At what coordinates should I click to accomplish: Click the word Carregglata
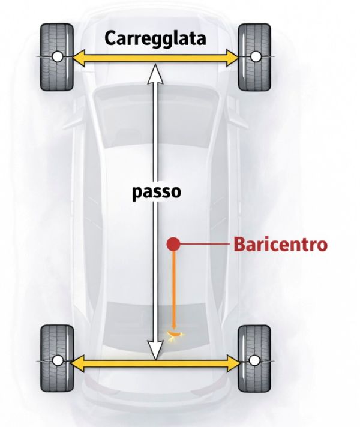[155, 38]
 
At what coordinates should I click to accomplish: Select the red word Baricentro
[280, 245]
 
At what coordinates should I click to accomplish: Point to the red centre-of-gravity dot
[173, 244]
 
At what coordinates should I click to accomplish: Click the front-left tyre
[56, 57]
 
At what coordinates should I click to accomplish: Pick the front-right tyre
[256, 57]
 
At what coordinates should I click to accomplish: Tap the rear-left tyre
[56, 361]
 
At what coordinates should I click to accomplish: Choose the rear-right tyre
[256, 361]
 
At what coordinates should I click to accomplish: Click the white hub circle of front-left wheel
[56, 57]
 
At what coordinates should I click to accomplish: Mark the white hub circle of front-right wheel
[256, 57]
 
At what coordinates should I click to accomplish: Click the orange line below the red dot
[174, 288]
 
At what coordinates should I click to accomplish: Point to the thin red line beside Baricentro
[204, 244]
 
